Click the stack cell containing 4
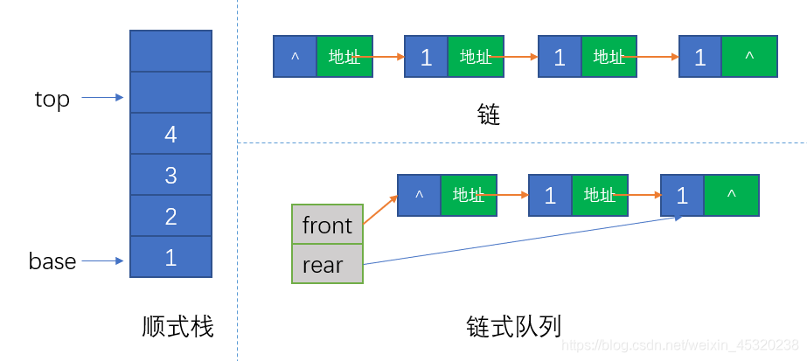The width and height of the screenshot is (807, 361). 170,134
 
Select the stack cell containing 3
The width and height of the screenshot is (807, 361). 170,175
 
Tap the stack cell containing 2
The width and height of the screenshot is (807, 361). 170,216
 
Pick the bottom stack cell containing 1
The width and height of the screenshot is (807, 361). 170,257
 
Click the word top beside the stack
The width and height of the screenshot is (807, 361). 52,99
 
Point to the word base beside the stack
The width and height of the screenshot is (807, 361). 52,260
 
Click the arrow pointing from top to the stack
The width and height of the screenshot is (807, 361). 103,98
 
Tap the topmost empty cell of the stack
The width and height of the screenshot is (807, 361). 170,51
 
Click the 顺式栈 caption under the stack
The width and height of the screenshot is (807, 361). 177,327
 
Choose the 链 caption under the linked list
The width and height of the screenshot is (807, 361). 489,114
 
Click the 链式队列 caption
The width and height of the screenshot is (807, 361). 513,326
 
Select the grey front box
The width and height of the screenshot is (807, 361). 327,226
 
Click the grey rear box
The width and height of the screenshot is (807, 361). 327,264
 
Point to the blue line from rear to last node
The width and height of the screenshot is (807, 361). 525,240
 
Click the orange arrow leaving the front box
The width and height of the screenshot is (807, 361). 379,210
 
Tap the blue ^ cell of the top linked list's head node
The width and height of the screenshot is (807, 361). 295,57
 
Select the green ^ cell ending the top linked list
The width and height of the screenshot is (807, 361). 749,57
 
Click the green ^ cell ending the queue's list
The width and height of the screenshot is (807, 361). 731,195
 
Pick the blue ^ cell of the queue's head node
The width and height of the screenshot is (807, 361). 419,195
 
